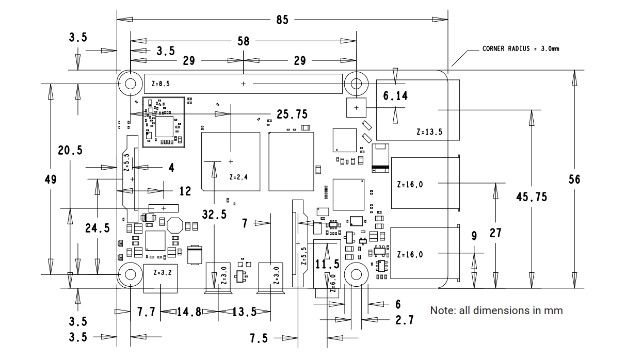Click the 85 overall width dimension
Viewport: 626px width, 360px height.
[x=282, y=20]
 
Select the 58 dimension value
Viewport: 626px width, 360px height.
[x=243, y=41]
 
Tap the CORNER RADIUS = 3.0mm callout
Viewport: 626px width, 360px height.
[x=521, y=48]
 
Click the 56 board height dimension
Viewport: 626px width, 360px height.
[x=574, y=179]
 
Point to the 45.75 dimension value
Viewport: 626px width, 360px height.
[x=532, y=197]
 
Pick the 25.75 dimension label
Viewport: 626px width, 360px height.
[x=292, y=114]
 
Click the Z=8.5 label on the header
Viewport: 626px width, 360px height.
[x=160, y=84]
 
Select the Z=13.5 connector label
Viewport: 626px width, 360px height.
[x=429, y=132]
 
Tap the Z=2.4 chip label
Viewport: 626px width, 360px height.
[x=238, y=177]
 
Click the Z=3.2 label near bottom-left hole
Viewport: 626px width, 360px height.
[x=163, y=273]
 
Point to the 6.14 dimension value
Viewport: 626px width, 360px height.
[x=395, y=96]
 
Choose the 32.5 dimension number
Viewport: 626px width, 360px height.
[x=214, y=215]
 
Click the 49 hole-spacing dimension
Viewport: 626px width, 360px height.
[x=51, y=179]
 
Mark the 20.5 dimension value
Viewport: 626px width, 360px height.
[x=70, y=151]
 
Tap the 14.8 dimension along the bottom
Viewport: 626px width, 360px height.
[x=189, y=312]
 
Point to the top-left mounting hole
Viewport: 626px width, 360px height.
[x=131, y=84]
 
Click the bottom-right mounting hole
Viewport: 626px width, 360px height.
[x=356, y=274]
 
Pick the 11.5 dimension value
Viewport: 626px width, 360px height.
[x=327, y=264]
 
